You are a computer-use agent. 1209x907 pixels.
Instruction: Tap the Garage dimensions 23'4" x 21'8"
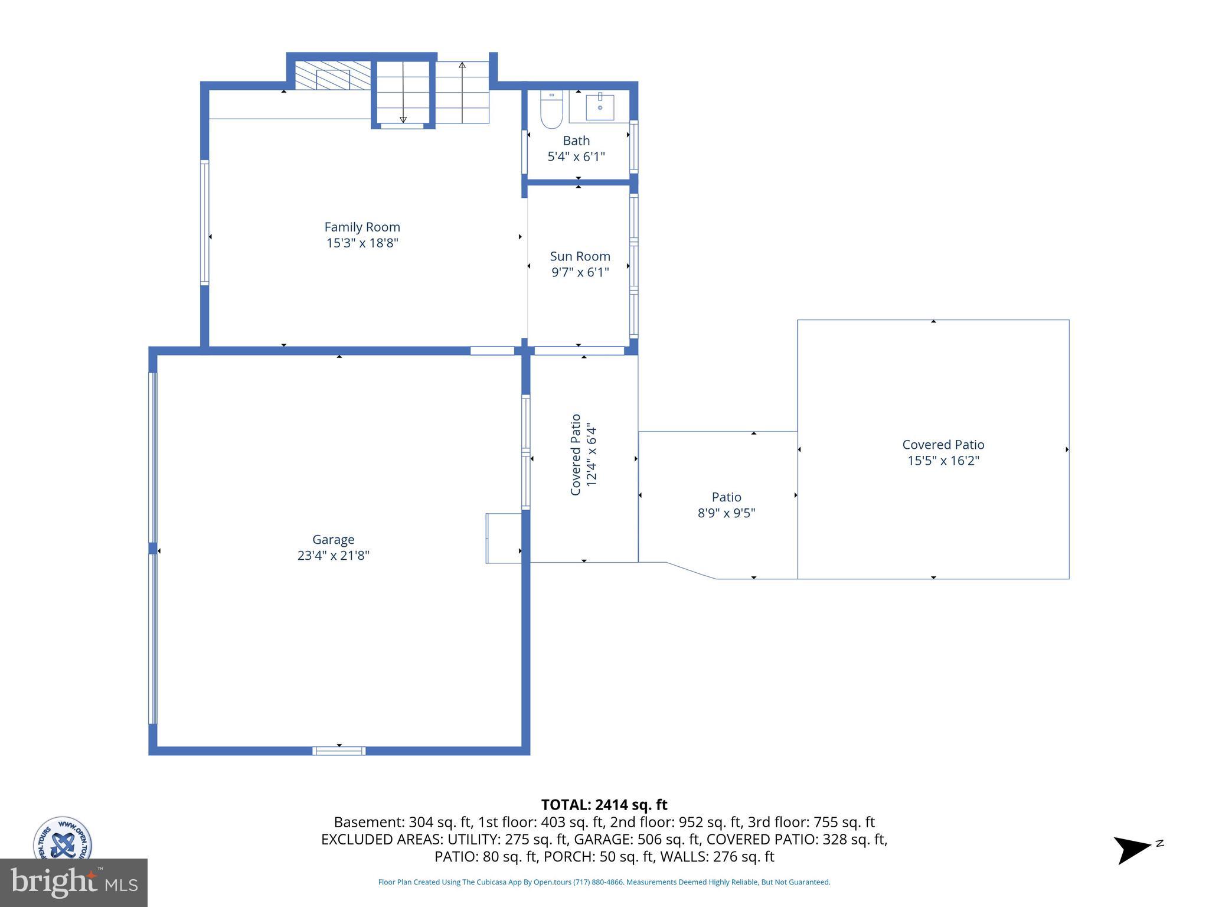(333, 556)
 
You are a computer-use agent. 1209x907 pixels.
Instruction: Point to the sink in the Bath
(599, 107)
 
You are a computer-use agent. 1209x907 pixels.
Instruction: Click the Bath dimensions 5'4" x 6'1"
(576, 156)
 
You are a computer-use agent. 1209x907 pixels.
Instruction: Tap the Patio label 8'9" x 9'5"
(726, 505)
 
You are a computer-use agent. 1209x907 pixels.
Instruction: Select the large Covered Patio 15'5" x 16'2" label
(943, 452)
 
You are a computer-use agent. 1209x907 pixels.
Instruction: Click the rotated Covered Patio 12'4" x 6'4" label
(584, 455)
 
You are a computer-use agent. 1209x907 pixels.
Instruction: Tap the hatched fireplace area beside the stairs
(332, 76)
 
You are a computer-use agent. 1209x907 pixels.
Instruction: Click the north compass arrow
(1132, 849)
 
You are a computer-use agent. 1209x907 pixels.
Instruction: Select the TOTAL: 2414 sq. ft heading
(604, 805)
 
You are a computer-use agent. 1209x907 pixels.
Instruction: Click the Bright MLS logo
(73, 882)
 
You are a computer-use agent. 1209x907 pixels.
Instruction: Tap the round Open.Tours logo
(62, 839)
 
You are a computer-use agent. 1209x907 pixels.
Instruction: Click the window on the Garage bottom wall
(339, 751)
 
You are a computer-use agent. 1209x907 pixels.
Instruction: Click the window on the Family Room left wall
(205, 223)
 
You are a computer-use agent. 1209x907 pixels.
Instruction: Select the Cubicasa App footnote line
(604, 882)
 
